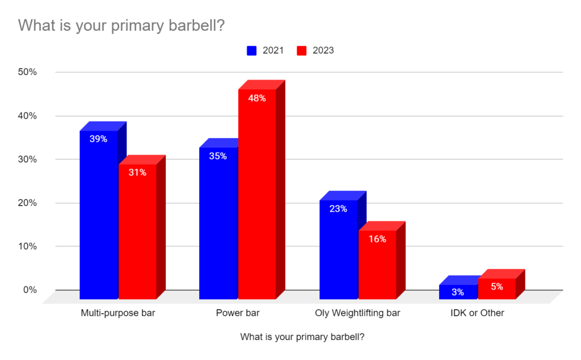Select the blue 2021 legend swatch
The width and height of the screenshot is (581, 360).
click(x=252, y=51)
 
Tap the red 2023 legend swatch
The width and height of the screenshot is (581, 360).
click(x=302, y=51)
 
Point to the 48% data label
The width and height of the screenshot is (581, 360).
click(x=257, y=98)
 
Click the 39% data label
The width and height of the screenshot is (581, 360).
click(x=98, y=139)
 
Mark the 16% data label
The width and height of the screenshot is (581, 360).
click(x=377, y=239)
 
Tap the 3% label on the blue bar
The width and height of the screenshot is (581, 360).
click(x=458, y=292)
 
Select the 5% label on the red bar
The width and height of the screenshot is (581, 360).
click(x=497, y=287)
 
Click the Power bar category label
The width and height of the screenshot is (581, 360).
click(x=238, y=313)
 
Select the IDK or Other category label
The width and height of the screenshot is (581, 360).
click(x=478, y=313)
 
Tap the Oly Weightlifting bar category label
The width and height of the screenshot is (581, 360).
click(x=357, y=313)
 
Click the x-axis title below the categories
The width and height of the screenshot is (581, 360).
click(x=302, y=337)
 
